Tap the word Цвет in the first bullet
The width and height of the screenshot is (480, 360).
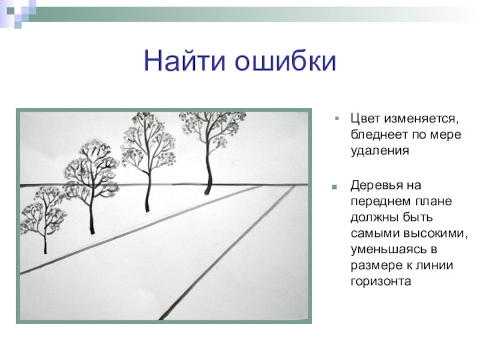coord(365,119)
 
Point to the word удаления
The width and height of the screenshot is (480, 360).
coord(380,151)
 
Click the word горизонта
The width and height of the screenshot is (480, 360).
coord(380,281)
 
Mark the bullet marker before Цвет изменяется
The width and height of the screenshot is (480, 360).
coord(337,118)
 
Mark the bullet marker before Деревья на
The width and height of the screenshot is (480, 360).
coord(334,187)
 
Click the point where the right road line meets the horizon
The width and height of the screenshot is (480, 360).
coord(295,185)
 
